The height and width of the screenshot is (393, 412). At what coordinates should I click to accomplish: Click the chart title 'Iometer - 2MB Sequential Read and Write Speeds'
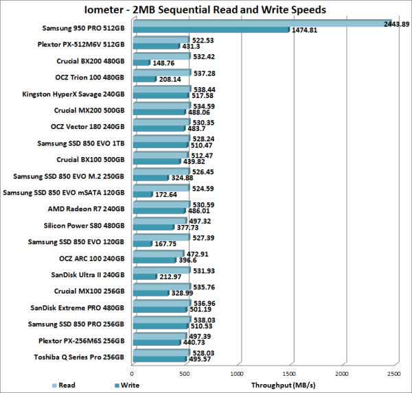206,10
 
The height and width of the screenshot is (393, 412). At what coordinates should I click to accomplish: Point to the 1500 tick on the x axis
290,374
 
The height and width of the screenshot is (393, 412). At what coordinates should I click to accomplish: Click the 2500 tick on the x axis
394,374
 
